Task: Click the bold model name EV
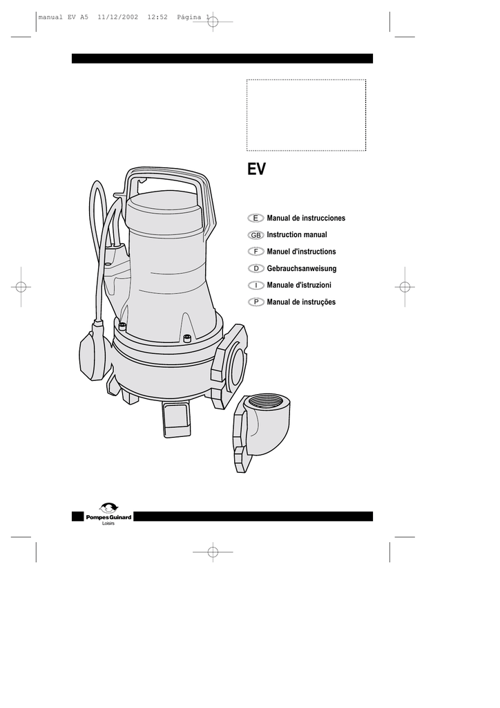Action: click(256, 169)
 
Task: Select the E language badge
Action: click(256, 218)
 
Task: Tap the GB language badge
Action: click(256, 235)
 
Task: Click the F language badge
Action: click(256, 252)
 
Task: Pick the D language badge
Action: click(256, 268)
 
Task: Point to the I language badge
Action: click(256, 285)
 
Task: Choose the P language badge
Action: click(256, 302)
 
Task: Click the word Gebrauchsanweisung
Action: click(302, 269)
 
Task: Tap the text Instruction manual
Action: click(297, 235)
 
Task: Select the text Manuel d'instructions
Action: click(301, 252)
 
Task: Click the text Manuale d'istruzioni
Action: click(299, 285)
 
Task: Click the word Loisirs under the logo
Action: click(108, 524)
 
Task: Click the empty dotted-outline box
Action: click(306, 115)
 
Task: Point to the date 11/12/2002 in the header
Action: click(117, 17)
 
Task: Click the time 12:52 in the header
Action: click(157, 17)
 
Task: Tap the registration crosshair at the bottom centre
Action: click(213, 552)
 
